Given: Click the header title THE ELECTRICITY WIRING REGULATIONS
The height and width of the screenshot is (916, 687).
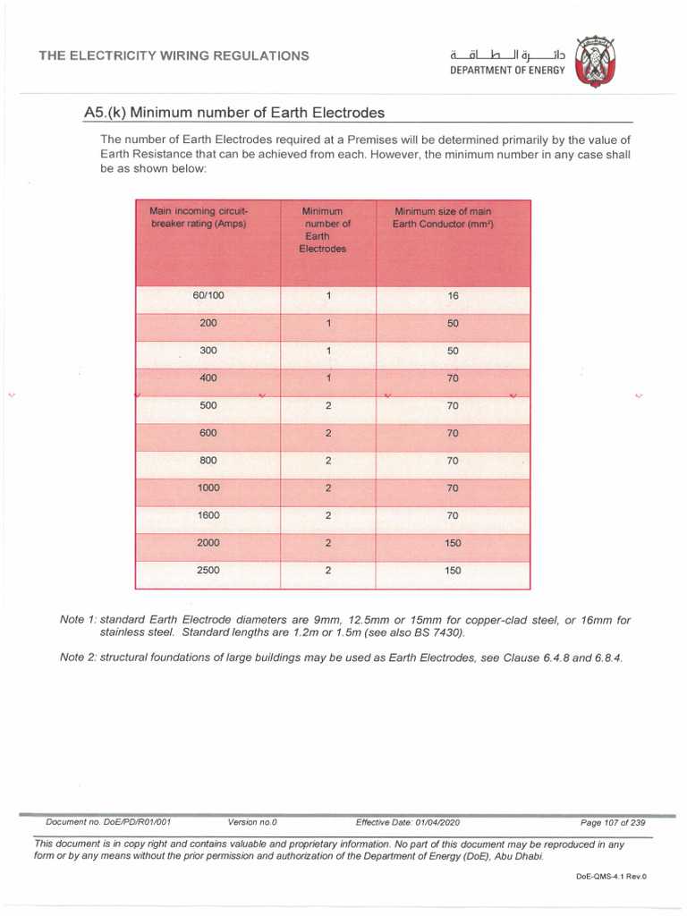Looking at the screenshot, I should (x=174, y=55).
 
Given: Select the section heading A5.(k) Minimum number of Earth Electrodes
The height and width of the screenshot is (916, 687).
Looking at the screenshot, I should (x=233, y=113).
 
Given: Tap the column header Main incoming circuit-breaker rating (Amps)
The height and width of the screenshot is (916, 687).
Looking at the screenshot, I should (x=198, y=217).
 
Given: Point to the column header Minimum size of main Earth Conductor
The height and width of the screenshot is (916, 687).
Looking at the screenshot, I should (x=443, y=217).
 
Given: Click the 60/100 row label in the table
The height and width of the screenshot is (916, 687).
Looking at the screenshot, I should (x=208, y=296).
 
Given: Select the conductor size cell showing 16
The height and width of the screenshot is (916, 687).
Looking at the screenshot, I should (x=453, y=296).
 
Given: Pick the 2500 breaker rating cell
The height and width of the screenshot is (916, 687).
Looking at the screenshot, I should (x=208, y=570).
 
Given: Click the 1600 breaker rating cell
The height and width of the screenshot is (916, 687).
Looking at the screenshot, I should (x=208, y=515).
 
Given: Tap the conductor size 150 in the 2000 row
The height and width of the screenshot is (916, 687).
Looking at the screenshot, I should (x=453, y=543).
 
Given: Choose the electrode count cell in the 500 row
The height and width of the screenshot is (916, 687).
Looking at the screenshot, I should (x=328, y=405).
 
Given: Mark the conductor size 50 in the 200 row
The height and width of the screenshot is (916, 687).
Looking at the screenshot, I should (x=453, y=324).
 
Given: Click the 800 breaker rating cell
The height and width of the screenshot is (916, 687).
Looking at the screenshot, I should (x=208, y=461).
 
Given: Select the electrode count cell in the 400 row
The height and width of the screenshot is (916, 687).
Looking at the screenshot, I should (x=328, y=378).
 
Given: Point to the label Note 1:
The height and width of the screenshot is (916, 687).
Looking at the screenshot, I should (x=78, y=620).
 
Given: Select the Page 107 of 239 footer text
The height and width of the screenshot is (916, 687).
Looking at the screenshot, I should (x=613, y=821).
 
